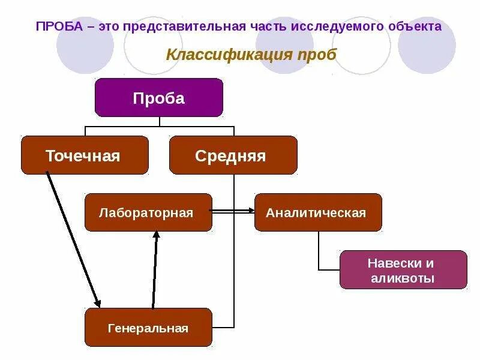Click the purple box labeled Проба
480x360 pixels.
[158, 97]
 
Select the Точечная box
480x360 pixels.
[85, 155]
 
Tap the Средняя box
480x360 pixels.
[233, 155]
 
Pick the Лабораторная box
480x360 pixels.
[148, 212]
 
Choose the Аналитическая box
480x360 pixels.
[318, 212]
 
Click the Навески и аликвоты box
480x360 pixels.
[403, 270]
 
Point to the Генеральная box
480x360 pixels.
[148, 328]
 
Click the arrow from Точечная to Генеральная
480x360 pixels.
[73, 240]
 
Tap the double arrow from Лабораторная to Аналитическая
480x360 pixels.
[233, 211]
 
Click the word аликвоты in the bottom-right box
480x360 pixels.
[403, 278]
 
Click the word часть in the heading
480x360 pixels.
[268, 26]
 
